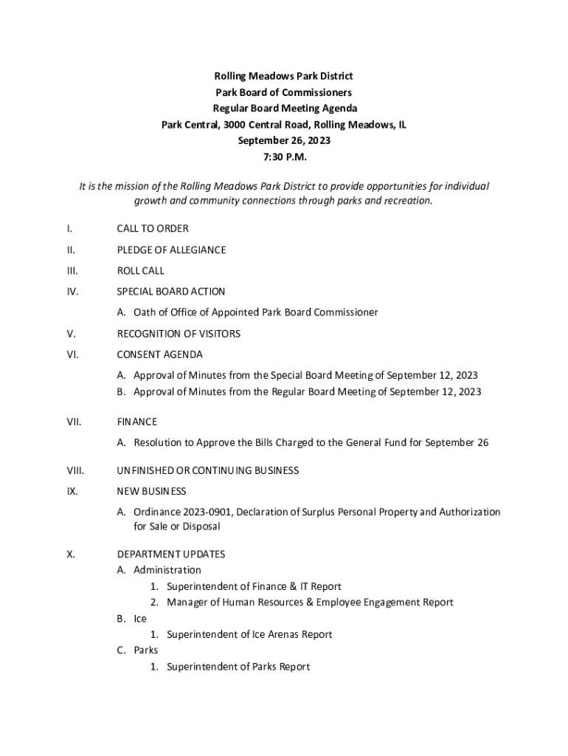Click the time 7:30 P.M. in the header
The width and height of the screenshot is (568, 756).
[x=283, y=157]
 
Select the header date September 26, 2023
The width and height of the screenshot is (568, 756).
[x=283, y=141]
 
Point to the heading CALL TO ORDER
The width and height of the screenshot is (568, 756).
[x=153, y=229]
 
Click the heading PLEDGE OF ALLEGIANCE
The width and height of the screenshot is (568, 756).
[x=171, y=250]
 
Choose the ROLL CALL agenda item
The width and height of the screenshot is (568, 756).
[x=141, y=271]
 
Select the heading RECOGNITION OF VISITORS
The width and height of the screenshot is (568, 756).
[x=179, y=334]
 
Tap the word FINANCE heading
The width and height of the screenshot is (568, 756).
[x=137, y=422]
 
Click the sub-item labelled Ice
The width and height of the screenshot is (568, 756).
[x=140, y=619]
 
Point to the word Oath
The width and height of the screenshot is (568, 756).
[x=145, y=312]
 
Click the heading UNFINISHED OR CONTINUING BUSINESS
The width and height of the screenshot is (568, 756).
[x=208, y=470]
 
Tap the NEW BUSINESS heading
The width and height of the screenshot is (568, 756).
[x=151, y=491]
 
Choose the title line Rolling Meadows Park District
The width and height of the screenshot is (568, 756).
[x=283, y=76]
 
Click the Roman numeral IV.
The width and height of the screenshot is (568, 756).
[x=72, y=292]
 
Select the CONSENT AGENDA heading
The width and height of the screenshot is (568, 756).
[x=159, y=355]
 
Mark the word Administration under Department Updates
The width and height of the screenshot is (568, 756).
[x=167, y=570]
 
